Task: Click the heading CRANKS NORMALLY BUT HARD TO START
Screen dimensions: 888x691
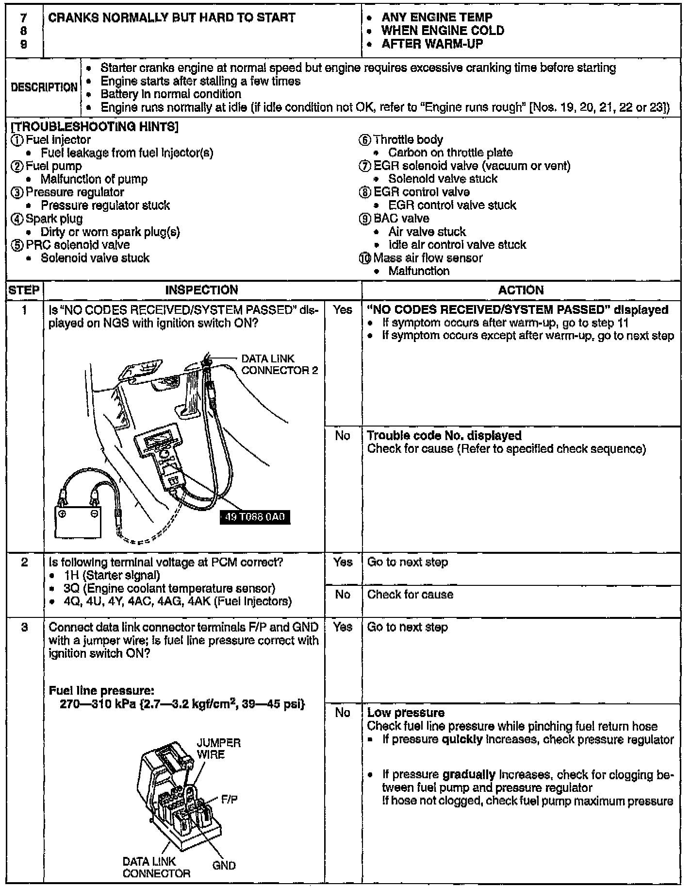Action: [x=172, y=18]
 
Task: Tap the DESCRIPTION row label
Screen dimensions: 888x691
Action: [x=44, y=87]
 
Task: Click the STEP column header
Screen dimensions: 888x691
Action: [x=24, y=290]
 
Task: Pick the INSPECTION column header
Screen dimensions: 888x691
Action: [x=201, y=290]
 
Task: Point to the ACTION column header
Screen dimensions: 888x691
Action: [x=521, y=290]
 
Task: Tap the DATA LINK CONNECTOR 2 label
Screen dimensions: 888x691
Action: [x=279, y=364]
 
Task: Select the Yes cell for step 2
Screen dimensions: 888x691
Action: [x=343, y=562]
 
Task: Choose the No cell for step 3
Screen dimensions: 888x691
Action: [x=343, y=713]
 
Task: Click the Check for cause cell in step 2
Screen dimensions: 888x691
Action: [x=410, y=595]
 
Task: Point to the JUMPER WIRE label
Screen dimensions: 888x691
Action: [x=218, y=749]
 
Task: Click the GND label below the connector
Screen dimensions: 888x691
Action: [x=224, y=865]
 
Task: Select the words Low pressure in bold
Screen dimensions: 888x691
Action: [x=406, y=713]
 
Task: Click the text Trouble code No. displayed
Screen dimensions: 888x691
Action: [x=444, y=436]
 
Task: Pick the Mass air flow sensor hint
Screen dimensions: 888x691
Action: [x=428, y=258]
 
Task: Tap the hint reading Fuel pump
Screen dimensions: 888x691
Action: [x=53, y=166]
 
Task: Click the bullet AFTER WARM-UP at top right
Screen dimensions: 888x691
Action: [x=432, y=44]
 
